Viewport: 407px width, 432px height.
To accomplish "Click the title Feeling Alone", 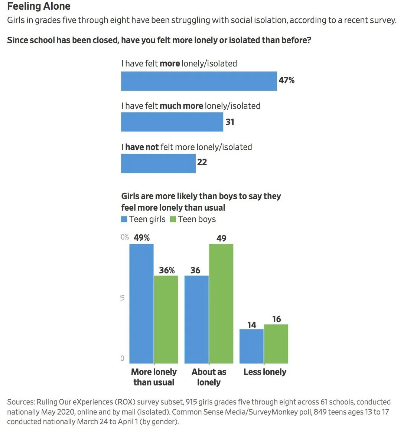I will [x=39, y=6].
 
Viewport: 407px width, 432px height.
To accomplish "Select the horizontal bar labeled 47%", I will [x=199, y=81].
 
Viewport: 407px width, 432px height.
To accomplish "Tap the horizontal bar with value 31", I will [x=172, y=122].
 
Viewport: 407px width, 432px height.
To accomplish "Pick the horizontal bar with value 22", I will [x=158, y=163].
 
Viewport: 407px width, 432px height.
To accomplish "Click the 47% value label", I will [x=286, y=80].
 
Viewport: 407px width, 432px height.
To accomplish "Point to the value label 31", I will [x=230, y=122].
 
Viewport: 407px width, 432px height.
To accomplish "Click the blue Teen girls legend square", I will [x=124, y=220].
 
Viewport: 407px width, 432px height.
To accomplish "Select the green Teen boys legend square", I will [x=173, y=220].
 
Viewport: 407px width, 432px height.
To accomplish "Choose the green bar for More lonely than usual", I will [x=166, y=319].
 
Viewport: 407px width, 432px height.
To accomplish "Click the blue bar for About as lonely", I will [x=196, y=319].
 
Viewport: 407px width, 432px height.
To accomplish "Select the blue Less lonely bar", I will [x=251, y=346].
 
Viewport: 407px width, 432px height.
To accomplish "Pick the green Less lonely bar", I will [x=276, y=344].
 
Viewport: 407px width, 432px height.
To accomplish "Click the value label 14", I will [x=252, y=325].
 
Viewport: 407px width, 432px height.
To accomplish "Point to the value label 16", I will [x=276, y=319].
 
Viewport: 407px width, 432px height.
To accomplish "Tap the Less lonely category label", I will [x=265, y=372].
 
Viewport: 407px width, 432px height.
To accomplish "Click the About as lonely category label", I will [x=209, y=377].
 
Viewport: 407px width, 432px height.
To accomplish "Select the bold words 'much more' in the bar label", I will [x=181, y=106].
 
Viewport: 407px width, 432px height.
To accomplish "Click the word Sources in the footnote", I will [x=20, y=402].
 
